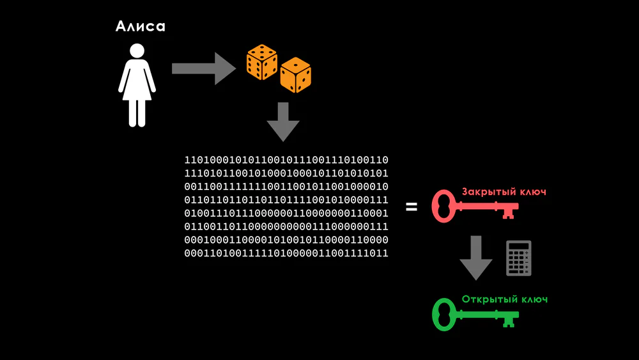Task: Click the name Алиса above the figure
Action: coord(140,26)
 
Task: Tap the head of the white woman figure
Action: coord(137,51)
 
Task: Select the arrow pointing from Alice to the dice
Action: coord(204,68)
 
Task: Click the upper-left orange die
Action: coord(261,62)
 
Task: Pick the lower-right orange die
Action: coord(295,75)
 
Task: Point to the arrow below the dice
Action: coord(283,122)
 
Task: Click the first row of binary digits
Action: coord(286,160)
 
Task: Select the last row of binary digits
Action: coord(286,253)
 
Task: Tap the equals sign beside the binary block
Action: coord(412,207)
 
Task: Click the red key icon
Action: coord(475,207)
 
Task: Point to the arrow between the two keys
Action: coord(476,258)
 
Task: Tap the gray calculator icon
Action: coord(519,258)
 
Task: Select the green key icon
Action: coord(475,315)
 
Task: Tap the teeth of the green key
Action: coord(509,322)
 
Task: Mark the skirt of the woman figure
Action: coord(137,88)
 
